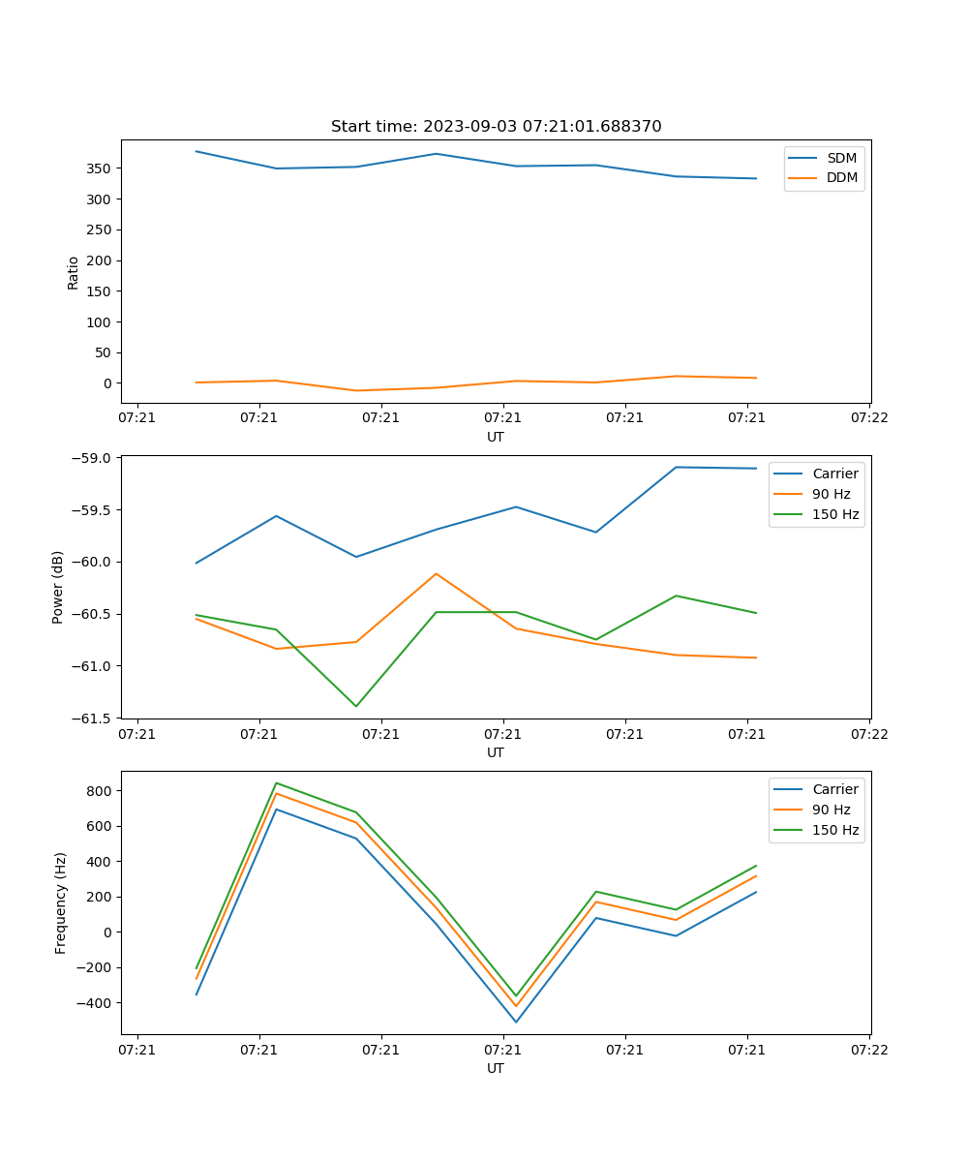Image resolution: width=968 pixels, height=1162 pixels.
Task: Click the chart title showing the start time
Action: point(496,127)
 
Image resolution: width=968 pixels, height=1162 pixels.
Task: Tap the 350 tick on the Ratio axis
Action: point(99,168)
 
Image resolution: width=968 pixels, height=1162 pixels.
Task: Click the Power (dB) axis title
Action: point(58,587)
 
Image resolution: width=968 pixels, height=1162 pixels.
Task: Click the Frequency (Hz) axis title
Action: point(60,902)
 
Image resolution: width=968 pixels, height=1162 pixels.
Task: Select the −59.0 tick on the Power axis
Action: point(94,458)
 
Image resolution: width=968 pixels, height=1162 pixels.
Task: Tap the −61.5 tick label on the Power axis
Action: point(94,719)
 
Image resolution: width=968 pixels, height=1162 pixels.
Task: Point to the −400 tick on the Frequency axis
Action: point(95,1003)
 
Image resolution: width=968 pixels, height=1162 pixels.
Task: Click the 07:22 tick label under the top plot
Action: point(868,418)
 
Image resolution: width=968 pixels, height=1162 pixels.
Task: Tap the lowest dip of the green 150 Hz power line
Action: point(356,706)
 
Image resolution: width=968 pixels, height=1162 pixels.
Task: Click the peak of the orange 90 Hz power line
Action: point(436,573)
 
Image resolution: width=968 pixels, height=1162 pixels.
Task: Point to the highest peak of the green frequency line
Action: point(277,783)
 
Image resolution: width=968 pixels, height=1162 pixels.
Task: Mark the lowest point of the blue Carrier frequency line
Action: point(516,1022)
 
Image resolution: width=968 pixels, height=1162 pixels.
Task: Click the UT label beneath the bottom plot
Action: point(496,1068)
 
